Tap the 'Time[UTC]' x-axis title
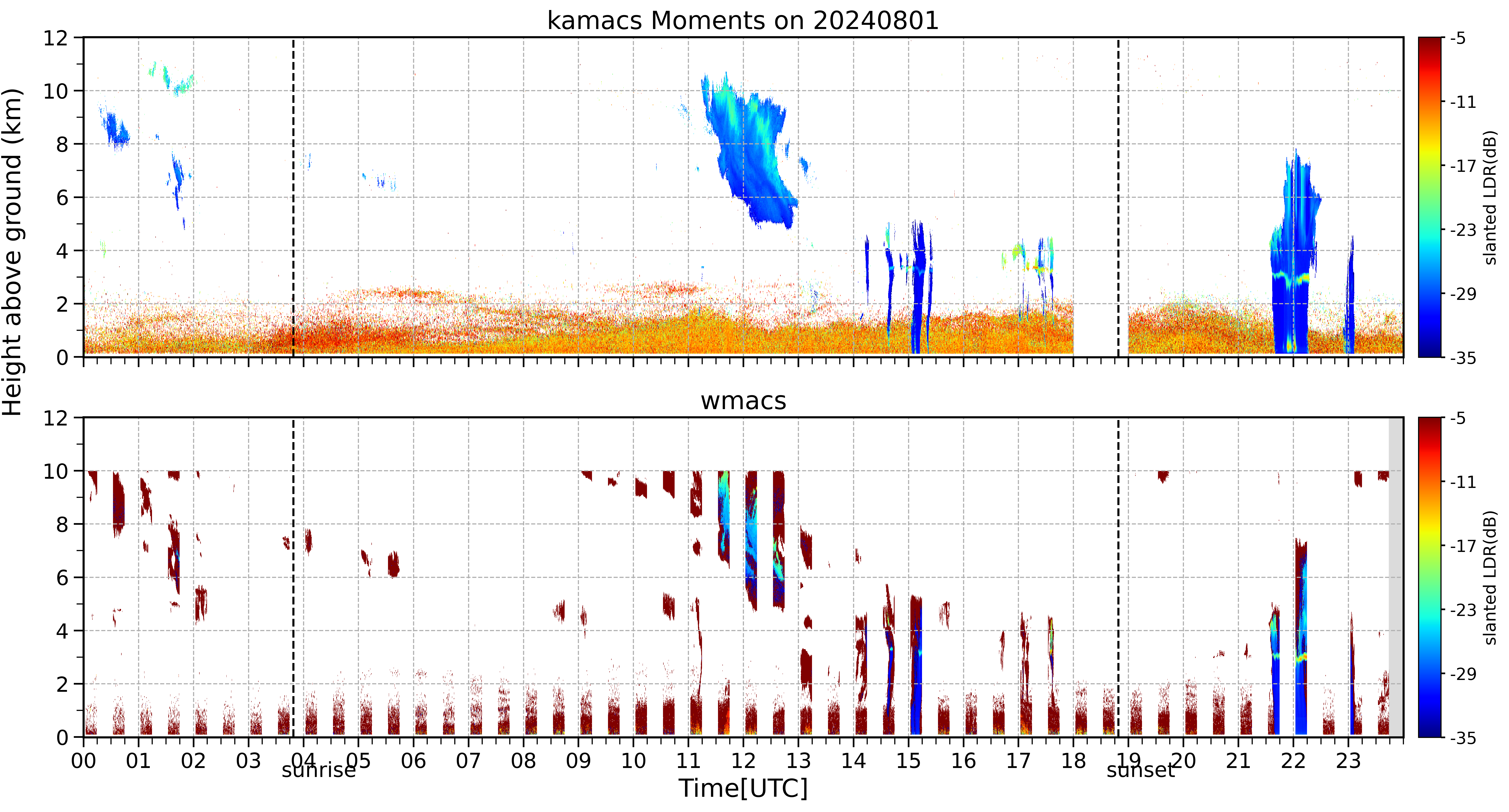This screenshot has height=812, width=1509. click(743, 788)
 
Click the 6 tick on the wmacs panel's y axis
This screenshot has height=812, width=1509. click(62, 578)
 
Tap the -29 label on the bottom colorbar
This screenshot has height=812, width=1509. click(1463, 674)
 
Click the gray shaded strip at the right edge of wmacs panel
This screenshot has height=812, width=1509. click(1396, 577)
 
